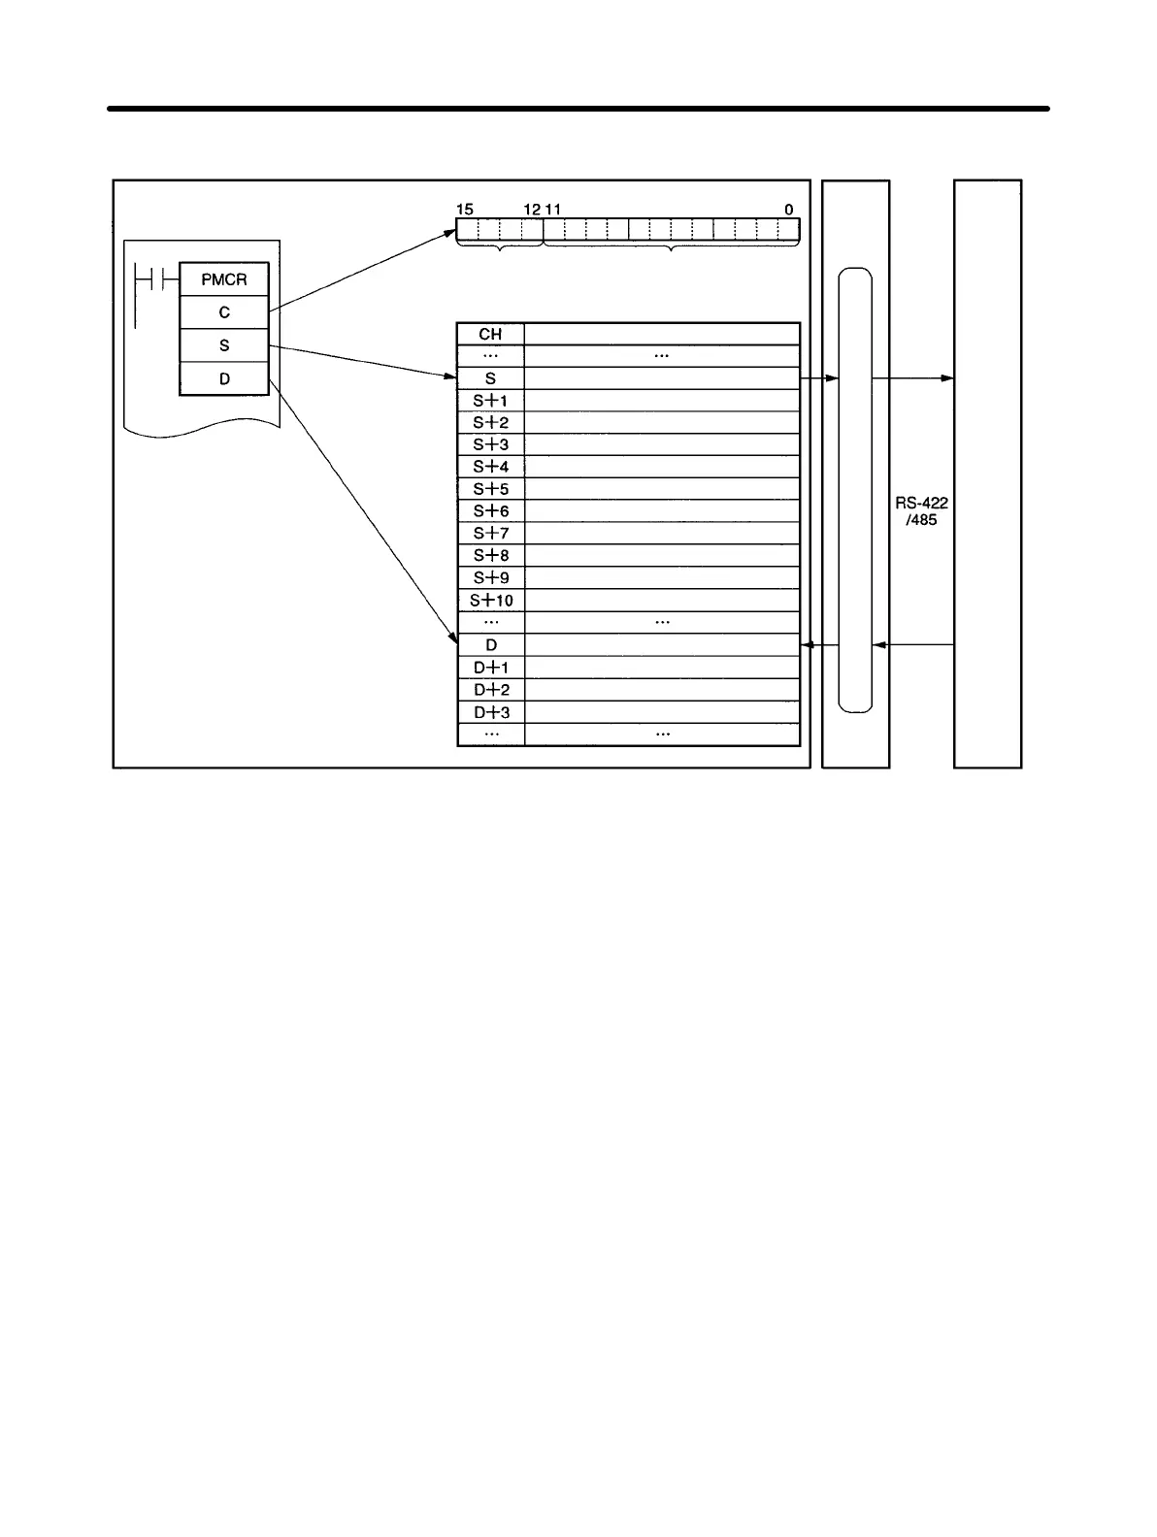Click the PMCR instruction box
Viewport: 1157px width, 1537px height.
(x=224, y=279)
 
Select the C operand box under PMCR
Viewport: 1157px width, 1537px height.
(x=224, y=312)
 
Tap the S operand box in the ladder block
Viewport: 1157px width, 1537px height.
(x=224, y=345)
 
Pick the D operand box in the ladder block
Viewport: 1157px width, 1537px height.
(x=224, y=378)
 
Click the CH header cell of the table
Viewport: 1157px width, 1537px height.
(x=490, y=334)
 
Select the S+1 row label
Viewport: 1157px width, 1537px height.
(x=490, y=401)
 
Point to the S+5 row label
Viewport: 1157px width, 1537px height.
(x=490, y=489)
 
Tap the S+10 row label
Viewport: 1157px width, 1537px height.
(x=490, y=601)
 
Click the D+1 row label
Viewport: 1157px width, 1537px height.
(x=490, y=668)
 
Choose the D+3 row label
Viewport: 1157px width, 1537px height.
(x=490, y=712)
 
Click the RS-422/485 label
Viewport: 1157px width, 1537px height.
(x=921, y=511)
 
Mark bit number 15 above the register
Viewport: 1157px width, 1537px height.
(x=464, y=210)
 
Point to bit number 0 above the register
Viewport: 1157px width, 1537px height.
(x=788, y=210)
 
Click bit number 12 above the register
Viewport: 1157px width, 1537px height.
(x=532, y=210)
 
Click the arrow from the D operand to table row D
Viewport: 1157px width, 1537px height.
(x=361, y=509)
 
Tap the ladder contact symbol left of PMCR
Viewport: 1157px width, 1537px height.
(x=155, y=280)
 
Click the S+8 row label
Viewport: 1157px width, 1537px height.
(x=490, y=556)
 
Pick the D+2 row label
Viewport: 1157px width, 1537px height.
(x=490, y=690)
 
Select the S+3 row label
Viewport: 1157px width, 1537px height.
(x=490, y=445)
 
